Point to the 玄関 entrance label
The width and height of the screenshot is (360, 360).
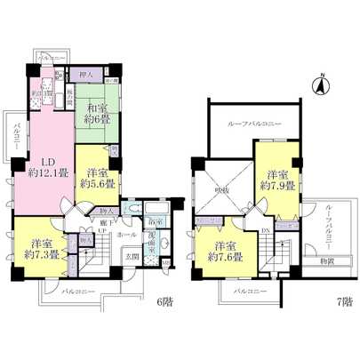[x=132, y=257]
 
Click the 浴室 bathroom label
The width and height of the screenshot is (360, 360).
[x=155, y=220]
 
